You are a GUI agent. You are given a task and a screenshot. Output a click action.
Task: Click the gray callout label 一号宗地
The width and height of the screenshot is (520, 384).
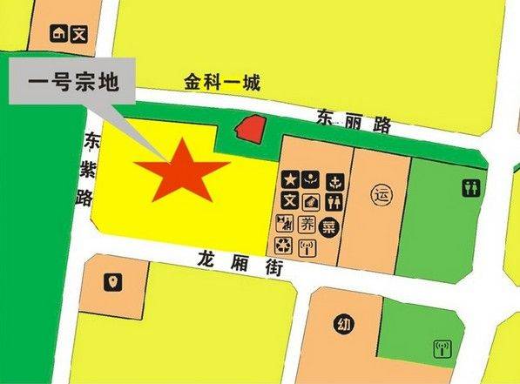pos(72,85)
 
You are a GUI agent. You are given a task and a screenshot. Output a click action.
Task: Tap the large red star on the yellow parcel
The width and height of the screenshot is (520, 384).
pos(183,170)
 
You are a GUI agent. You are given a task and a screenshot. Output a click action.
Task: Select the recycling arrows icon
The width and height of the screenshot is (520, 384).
pos(284,247)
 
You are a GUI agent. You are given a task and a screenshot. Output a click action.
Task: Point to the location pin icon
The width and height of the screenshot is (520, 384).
pos(113,282)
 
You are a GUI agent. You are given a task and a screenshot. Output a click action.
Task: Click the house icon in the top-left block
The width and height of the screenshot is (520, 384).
pos(59,34)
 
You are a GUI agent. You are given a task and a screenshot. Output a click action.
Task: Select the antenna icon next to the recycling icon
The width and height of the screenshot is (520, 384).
pos(307,247)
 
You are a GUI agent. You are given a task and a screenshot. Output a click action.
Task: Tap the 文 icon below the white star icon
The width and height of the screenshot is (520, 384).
pos(286,201)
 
